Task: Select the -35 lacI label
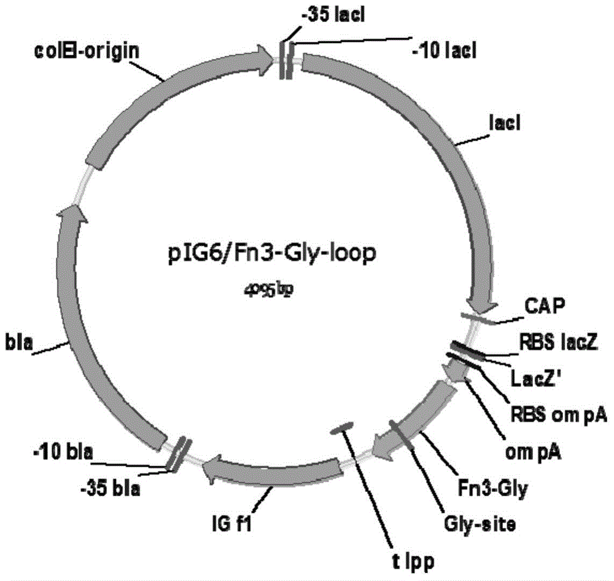(x=333, y=15)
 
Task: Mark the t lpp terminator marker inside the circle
(x=341, y=427)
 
